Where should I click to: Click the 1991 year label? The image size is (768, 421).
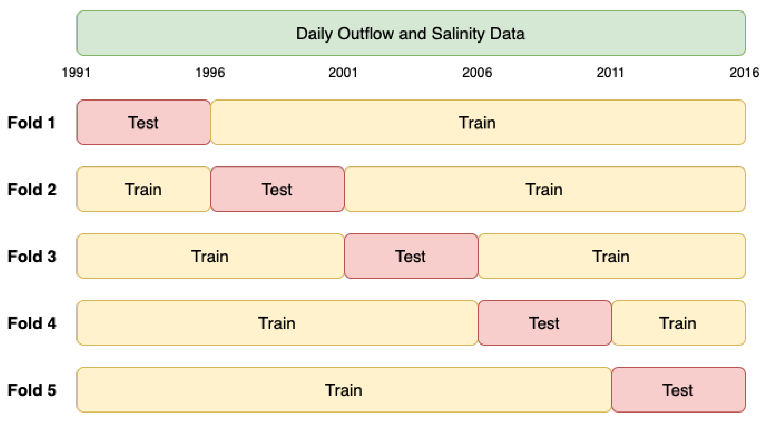click(x=76, y=72)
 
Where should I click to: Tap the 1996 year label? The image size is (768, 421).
click(x=210, y=72)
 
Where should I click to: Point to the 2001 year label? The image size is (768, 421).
click(x=343, y=72)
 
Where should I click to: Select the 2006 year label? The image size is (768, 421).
click(x=477, y=72)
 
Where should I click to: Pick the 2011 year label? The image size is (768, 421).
click(x=610, y=72)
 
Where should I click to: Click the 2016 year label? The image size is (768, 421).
click(x=744, y=72)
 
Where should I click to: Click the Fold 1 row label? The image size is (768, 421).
click(x=31, y=122)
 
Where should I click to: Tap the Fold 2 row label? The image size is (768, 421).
click(x=32, y=189)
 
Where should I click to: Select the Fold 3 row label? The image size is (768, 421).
click(x=32, y=256)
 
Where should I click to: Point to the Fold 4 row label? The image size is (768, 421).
click(x=32, y=323)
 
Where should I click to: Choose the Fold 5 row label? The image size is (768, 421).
click(x=32, y=390)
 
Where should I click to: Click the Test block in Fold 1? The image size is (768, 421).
click(x=144, y=122)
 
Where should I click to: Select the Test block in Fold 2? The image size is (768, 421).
click(x=278, y=189)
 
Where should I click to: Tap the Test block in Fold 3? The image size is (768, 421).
click(x=411, y=256)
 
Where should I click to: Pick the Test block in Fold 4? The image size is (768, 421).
click(x=545, y=323)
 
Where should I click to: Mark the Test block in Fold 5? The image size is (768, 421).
click(x=678, y=390)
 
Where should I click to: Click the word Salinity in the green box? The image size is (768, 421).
click(x=458, y=34)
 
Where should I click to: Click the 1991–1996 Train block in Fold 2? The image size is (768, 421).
click(x=144, y=189)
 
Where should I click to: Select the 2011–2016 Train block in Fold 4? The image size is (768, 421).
click(x=678, y=323)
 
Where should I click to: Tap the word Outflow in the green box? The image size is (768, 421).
click(x=366, y=33)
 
